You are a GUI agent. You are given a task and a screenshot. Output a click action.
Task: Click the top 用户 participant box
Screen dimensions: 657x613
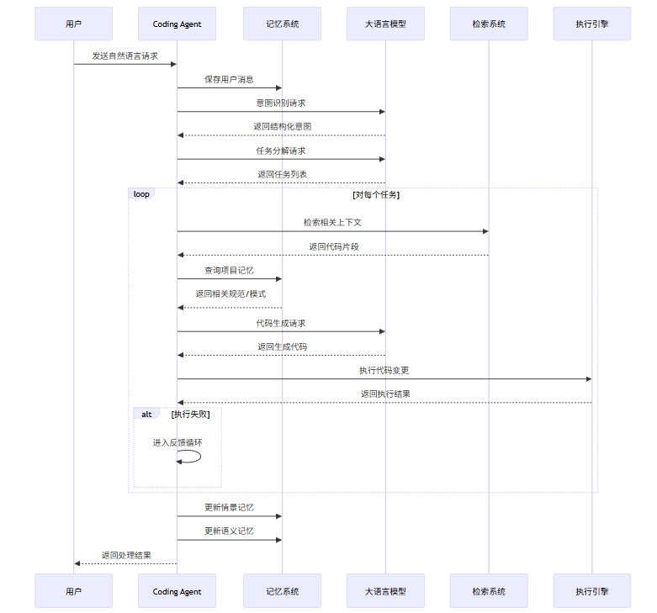(74, 24)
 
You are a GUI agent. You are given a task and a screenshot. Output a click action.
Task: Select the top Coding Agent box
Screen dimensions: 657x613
(177, 24)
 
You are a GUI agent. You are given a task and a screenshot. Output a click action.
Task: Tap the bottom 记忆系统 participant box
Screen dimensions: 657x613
(282, 591)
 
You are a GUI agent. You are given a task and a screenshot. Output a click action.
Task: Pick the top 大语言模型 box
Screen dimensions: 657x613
(385, 24)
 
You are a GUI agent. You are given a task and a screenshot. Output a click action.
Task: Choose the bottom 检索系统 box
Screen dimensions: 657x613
(489, 591)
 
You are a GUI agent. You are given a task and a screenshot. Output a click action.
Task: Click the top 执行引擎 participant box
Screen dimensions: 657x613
(591, 24)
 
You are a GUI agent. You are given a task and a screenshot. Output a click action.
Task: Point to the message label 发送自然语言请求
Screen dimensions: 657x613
(125, 55)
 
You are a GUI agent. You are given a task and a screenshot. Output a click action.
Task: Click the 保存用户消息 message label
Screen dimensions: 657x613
(229, 80)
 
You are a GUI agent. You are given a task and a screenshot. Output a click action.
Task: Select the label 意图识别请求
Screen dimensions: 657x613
(281, 103)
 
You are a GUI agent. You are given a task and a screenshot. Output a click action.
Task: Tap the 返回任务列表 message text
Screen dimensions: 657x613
(282, 174)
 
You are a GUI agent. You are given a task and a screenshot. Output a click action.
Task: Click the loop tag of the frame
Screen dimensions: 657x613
(141, 194)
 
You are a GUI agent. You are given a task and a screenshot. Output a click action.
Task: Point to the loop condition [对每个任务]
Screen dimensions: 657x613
(376, 195)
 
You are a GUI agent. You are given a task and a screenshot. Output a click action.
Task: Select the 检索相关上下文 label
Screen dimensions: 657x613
(332, 222)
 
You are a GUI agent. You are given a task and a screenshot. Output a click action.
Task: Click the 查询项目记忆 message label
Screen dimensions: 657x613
(229, 271)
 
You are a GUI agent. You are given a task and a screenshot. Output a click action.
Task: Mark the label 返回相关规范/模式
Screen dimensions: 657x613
(230, 294)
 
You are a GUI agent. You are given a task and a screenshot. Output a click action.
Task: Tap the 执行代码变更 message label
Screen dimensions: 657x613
(384, 370)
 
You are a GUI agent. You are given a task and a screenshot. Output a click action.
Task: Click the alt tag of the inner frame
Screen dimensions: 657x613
(146, 414)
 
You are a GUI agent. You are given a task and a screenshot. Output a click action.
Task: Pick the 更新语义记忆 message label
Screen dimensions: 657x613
(229, 531)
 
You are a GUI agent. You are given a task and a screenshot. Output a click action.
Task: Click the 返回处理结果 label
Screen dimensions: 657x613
(126, 555)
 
